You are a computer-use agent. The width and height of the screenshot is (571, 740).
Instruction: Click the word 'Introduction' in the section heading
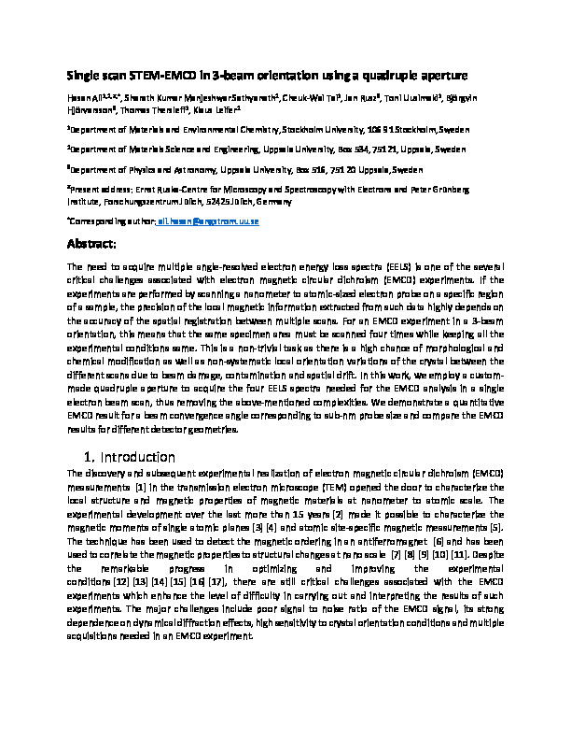(x=139, y=457)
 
